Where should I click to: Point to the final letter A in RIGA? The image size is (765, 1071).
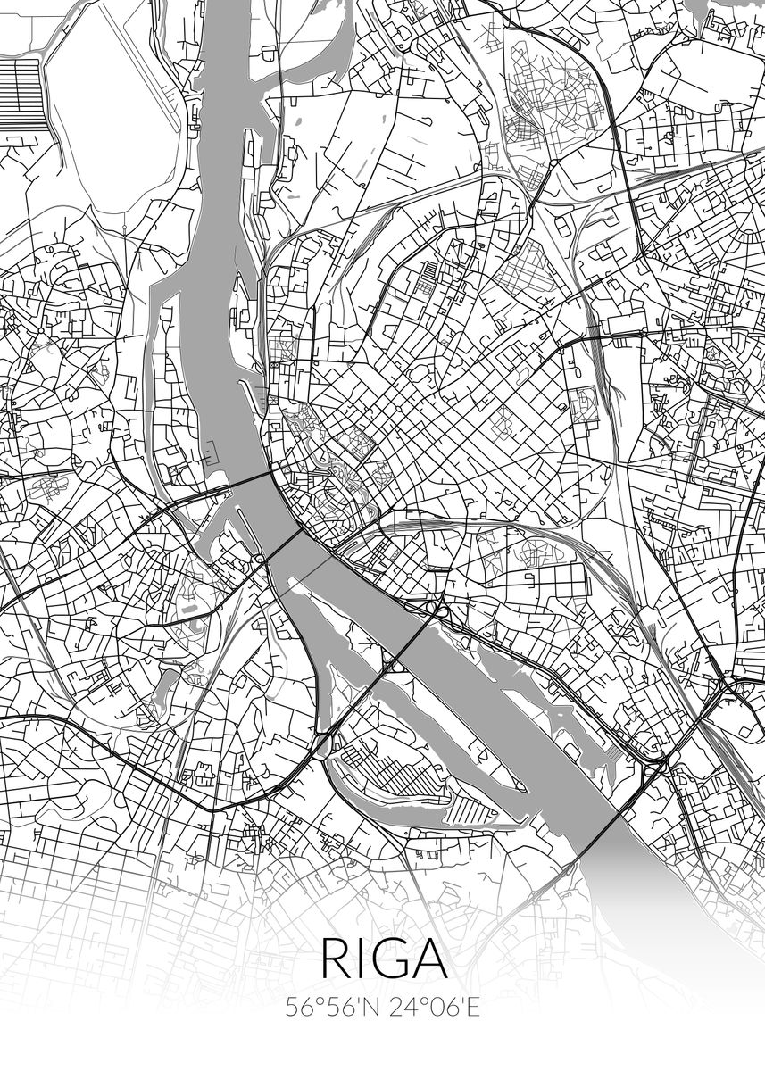click(x=428, y=959)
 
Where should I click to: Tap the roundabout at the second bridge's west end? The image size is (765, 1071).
click(x=260, y=560)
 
